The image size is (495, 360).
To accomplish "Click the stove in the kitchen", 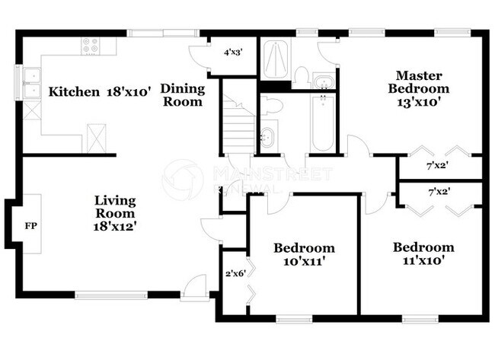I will [x=90, y=46].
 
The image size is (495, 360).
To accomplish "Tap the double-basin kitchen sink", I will [x=31, y=84].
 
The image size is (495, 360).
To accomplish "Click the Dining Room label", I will [x=183, y=95].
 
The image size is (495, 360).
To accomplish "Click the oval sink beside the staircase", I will [x=268, y=137].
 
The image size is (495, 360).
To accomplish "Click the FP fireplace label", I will [x=30, y=226].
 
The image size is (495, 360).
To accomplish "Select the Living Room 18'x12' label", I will [x=116, y=213].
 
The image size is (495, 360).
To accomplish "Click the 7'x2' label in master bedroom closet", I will [x=437, y=166].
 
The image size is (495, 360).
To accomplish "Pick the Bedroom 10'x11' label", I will [x=304, y=254].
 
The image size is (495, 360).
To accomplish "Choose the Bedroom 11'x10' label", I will [x=423, y=253].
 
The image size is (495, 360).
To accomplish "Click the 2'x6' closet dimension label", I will [x=233, y=272].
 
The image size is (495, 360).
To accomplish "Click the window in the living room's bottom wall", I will [x=111, y=295].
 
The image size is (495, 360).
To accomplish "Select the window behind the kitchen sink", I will [x=18, y=84].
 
